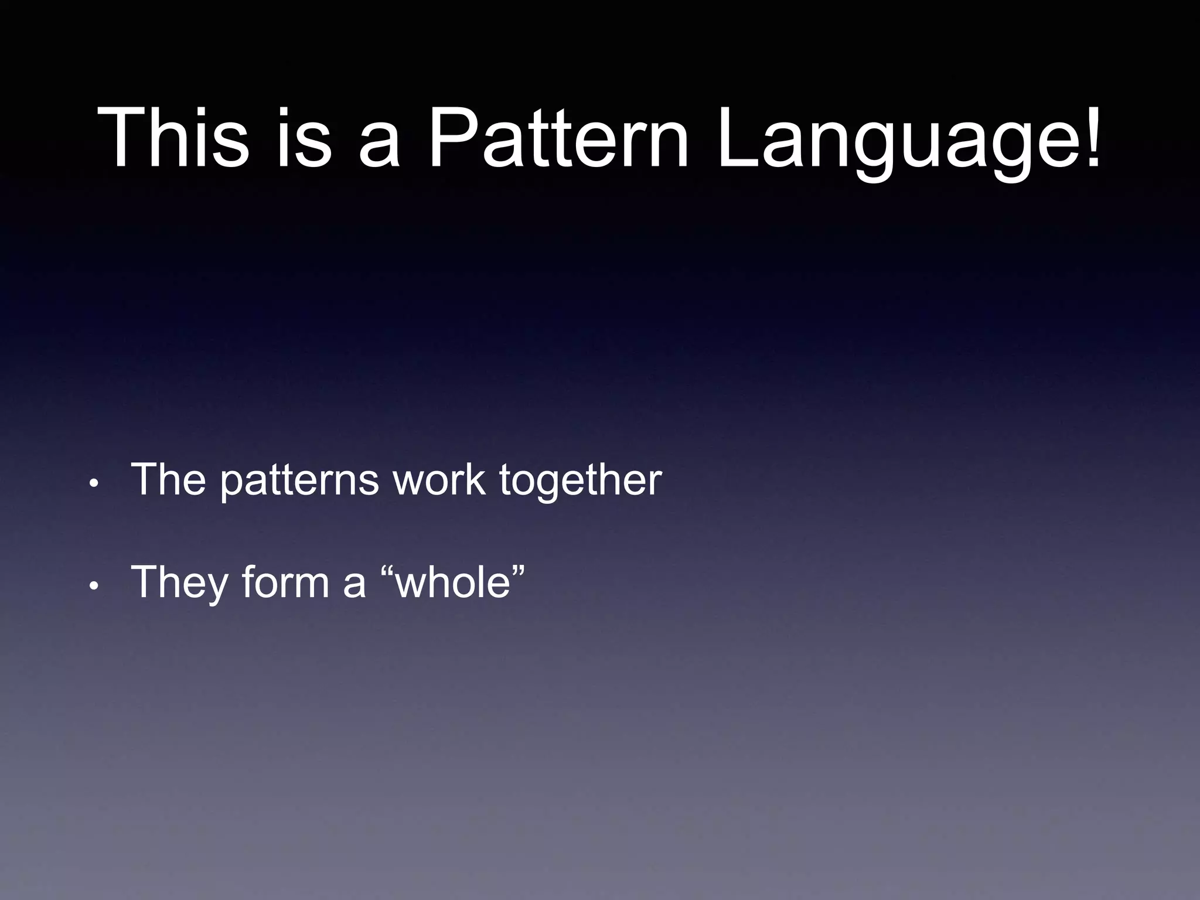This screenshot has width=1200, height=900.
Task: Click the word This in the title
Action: tap(173, 138)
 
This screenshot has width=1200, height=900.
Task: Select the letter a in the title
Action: tap(379, 146)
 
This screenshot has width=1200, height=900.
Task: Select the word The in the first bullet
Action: tap(169, 479)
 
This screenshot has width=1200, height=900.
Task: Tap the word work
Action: tap(439, 479)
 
